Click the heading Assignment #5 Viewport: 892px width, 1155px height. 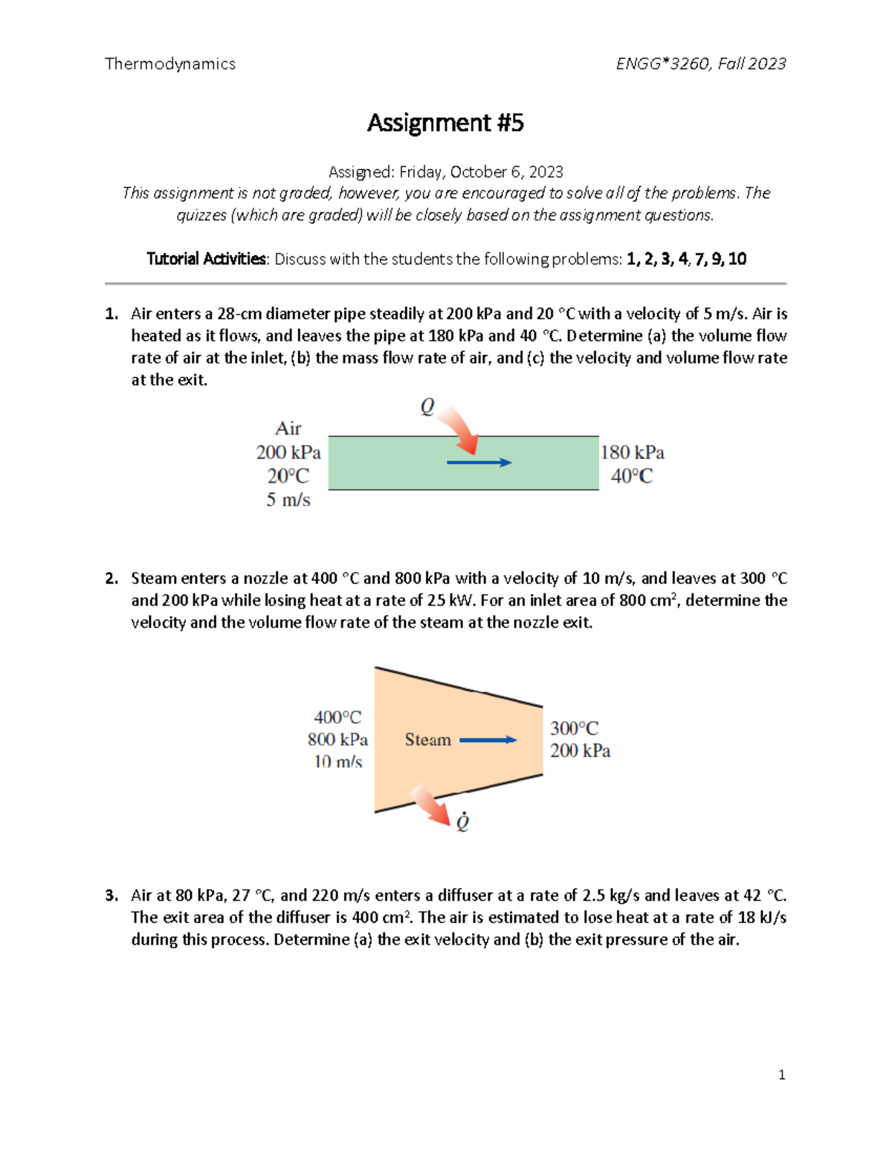(x=445, y=123)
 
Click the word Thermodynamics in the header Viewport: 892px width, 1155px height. (x=170, y=64)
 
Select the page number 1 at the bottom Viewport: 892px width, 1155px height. (x=781, y=1075)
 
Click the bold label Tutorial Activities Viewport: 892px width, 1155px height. (x=206, y=259)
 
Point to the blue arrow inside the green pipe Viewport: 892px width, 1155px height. (x=479, y=463)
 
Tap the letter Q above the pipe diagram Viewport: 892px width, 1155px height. (x=427, y=407)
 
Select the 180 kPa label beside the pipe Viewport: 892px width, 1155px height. (x=632, y=452)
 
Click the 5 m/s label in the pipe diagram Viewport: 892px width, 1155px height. (x=288, y=500)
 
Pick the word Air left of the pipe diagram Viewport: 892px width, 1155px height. (x=288, y=428)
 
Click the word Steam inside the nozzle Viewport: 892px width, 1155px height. (x=427, y=740)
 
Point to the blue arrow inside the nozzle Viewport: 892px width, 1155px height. (x=488, y=740)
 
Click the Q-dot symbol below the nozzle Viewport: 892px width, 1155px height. (x=462, y=822)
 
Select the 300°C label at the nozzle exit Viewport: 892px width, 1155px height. (x=574, y=728)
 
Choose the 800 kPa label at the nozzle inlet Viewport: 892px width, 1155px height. (x=337, y=739)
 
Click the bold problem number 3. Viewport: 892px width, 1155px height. (x=111, y=895)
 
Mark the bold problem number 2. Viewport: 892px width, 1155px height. (x=111, y=579)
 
